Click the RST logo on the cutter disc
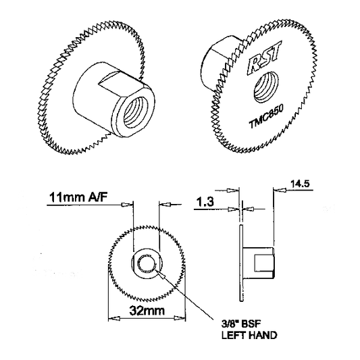[265, 58]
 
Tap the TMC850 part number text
[266, 116]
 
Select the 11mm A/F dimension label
[78, 197]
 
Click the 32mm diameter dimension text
[147, 311]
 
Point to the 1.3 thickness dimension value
[205, 202]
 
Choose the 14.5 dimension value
[300, 184]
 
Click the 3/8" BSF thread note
[241, 324]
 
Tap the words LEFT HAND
[249, 336]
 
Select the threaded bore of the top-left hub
[136, 113]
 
